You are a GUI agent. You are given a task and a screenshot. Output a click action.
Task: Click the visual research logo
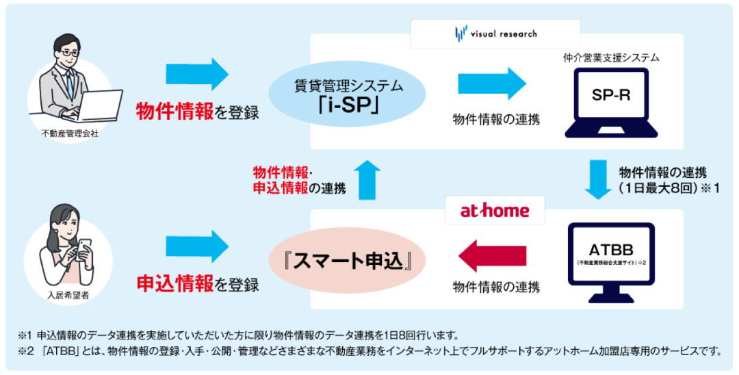(496, 33)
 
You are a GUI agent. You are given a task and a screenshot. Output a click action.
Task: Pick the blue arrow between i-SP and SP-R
(492, 83)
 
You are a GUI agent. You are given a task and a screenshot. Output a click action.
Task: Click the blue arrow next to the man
(197, 74)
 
